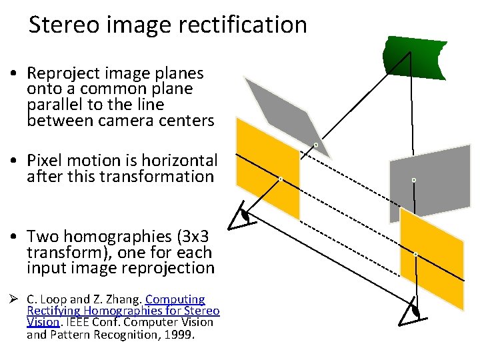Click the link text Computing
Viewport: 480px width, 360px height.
[x=175, y=300]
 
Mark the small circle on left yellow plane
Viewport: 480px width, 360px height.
[x=281, y=179]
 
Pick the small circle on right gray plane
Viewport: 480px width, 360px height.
[x=414, y=180]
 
